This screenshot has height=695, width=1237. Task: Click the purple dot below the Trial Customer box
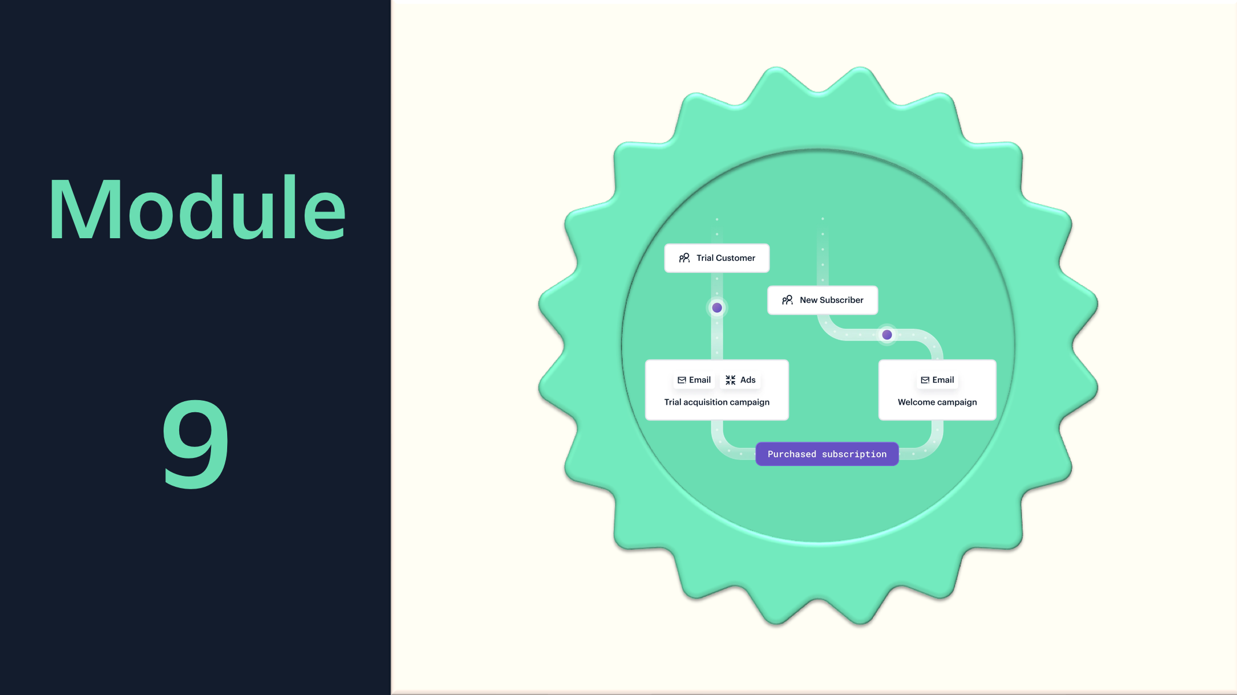pyautogui.click(x=717, y=308)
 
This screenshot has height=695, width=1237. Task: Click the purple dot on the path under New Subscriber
pyautogui.click(x=887, y=335)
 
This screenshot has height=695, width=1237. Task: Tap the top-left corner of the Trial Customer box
pyautogui.click(x=665, y=244)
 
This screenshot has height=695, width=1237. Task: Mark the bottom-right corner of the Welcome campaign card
pyautogui.click(x=996, y=420)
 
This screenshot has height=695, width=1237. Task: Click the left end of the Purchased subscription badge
pyautogui.click(x=756, y=454)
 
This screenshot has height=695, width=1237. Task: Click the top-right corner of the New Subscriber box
pyautogui.click(x=877, y=286)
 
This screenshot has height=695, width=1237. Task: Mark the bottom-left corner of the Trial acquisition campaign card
pyautogui.click(x=646, y=420)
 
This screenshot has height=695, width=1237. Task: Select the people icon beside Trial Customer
pyautogui.click(x=684, y=258)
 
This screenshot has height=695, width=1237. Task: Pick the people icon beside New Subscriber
pyautogui.click(x=787, y=300)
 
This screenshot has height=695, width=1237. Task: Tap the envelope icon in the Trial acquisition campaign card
pyautogui.click(x=682, y=380)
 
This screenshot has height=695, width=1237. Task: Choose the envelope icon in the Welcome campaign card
pyautogui.click(x=925, y=380)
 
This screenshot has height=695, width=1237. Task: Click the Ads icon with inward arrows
pyautogui.click(x=731, y=380)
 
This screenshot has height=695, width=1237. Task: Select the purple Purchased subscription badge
pyautogui.click(x=827, y=454)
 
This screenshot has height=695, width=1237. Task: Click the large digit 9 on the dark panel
pyautogui.click(x=195, y=443)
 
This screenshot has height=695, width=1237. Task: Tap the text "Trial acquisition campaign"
pyautogui.click(x=717, y=402)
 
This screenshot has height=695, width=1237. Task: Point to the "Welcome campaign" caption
pyautogui.click(x=937, y=402)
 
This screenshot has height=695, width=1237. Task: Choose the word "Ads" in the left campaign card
pyautogui.click(x=748, y=380)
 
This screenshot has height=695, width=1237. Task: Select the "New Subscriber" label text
pyautogui.click(x=831, y=300)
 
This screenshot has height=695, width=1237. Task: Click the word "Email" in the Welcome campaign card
pyautogui.click(x=943, y=380)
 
